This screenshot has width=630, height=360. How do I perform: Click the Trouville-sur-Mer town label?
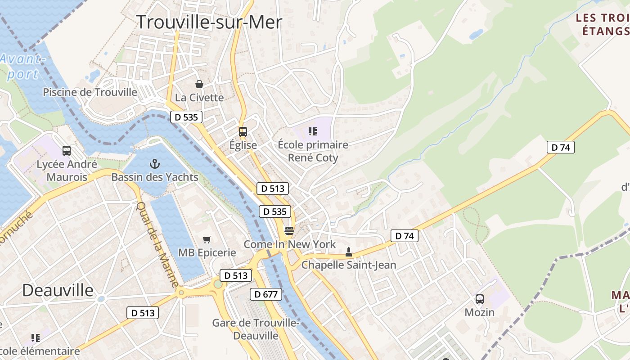(x=209, y=22)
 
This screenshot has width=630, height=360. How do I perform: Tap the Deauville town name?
(x=58, y=290)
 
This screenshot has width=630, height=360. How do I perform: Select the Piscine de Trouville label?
(x=90, y=92)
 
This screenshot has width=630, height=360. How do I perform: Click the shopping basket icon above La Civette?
(x=199, y=84)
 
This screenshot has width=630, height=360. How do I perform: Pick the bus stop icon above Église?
(x=243, y=132)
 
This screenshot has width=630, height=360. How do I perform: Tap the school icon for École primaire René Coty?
(x=313, y=131)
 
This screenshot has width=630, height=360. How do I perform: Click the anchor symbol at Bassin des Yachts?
(x=155, y=164)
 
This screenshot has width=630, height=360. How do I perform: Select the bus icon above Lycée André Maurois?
(x=67, y=151)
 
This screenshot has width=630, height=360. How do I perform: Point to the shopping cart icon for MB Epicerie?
(x=207, y=239)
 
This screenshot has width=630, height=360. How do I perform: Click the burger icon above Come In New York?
(x=289, y=231)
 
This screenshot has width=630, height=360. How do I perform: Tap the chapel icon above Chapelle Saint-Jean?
(x=348, y=252)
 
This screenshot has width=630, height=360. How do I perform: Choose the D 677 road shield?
(x=266, y=294)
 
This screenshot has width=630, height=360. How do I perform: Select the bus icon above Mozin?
(x=480, y=299)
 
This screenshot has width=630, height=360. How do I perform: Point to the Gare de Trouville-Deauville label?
(x=256, y=329)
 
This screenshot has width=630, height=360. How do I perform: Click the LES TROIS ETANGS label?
(x=603, y=25)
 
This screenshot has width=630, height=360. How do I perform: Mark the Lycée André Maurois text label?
(x=67, y=171)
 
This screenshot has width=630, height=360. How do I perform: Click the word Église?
(x=243, y=145)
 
